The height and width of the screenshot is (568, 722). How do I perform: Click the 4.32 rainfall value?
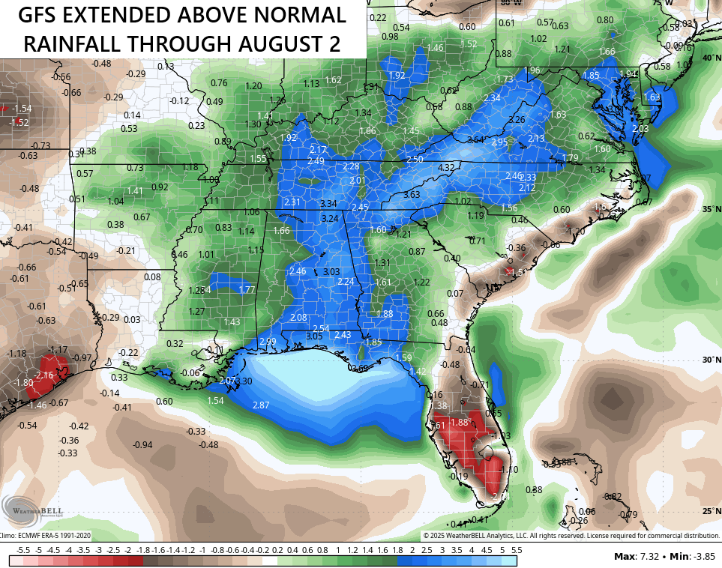pyautogui.click(x=447, y=168)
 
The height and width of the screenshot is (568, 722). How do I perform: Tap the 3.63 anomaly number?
pyautogui.click(x=412, y=195)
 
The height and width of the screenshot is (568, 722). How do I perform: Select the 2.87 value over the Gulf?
pyautogui.click(x=261, y=405)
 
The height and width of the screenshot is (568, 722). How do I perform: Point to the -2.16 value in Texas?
pyautogui.click(x=44, y=375)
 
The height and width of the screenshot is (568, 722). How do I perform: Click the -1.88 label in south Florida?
pyautogui.click(x=458, y=423)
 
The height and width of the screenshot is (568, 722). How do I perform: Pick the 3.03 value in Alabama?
pyautogui.click(x=331, y=271)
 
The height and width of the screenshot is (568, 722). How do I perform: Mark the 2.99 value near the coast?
pyautogui.click(x=267, y=342)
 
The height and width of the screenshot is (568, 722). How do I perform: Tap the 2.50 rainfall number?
pyautogui.click(x=415, y=160)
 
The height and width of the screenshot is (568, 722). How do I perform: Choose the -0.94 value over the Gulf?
pyautogui.click(x=142, y=445)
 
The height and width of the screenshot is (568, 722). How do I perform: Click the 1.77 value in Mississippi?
pyautogui.click(x=247, y=289)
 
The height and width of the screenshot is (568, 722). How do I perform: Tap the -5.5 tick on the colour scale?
pyautogui.click(x=22, y=549)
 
